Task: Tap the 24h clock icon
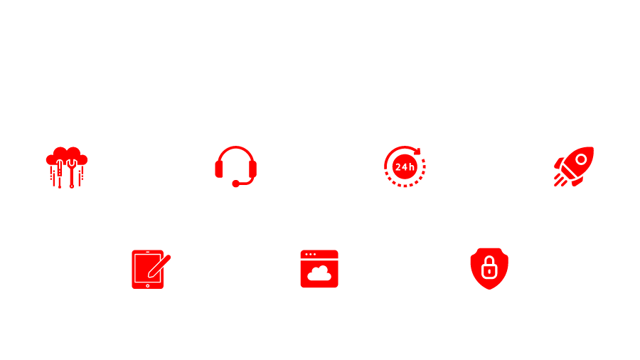405,166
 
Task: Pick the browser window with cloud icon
319,268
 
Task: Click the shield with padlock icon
489,268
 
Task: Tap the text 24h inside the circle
405,167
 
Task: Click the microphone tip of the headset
235,184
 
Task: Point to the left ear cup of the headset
219,169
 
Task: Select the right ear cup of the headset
252,169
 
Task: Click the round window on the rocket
581,159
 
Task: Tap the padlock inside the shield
489,268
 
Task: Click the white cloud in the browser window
319,273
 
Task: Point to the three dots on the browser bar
311,254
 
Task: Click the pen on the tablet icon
159,266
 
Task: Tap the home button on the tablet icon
148,286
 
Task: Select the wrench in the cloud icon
72,174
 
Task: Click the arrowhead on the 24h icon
417,151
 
